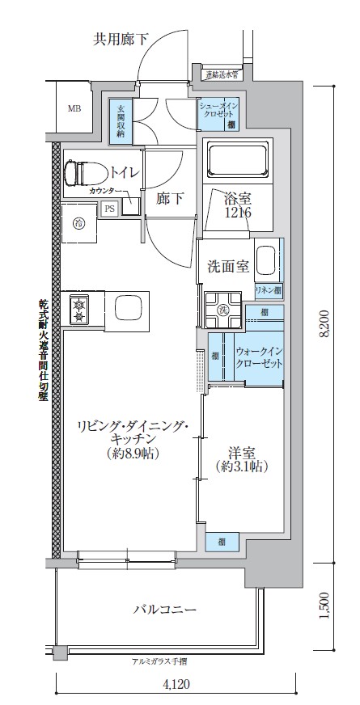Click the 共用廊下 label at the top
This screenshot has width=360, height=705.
click(x=122, y=37)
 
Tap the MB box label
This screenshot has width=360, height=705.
click(x=74, y=108)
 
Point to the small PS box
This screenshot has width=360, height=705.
click(x=109, y=209)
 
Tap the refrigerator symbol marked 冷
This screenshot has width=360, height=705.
click(x=79, y=222)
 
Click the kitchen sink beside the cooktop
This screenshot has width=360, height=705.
click(x=129, y=308)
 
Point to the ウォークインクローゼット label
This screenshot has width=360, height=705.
click(x=259, y=358)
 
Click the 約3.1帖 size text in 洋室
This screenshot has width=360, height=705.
click(x=243, y=467)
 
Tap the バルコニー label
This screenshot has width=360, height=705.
click(x=164, y=609)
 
